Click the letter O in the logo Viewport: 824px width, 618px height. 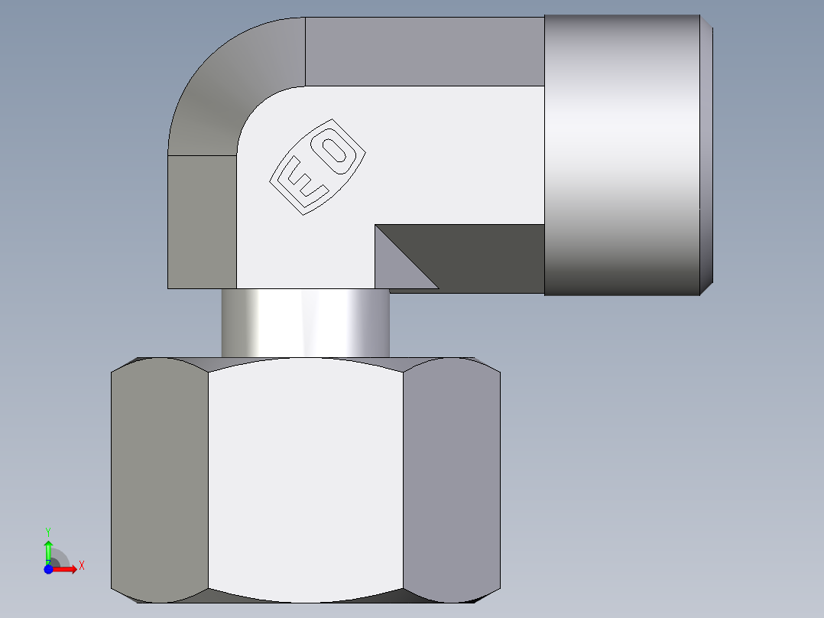click(x=337, y=151)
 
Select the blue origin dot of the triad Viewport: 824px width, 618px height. click(x=48, y=569)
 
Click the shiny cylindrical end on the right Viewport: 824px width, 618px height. click(x=621, y=153)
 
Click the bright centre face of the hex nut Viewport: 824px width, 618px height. click(x=306, y=478)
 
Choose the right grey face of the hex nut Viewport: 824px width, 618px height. click(x=451, y=478)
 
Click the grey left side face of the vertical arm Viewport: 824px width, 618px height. click(x=202, y=222)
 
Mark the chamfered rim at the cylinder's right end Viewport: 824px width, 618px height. click(x=707, y=153)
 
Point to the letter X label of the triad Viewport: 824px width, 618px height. click(x=81, y=565)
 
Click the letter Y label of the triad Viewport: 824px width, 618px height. click(x=48, y=531)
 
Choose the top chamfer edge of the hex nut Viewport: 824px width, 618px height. click(x=306, y=359)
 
